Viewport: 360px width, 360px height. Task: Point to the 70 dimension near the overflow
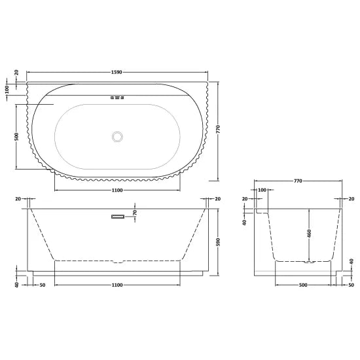[x=134, y=213]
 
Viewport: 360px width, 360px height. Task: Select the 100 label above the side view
[x=262, y=190]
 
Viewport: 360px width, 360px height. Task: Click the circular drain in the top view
[x=118, y=136]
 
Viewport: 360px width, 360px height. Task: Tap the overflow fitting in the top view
[x=118, y=99]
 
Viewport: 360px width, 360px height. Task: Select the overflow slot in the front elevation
[x=117, y=217]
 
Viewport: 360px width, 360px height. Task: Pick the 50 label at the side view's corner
[x=351, y=286]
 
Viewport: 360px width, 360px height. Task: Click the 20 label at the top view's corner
[x=16, y=72]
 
